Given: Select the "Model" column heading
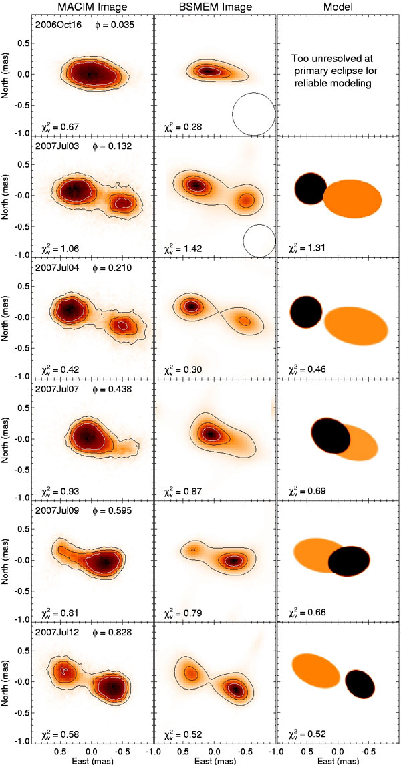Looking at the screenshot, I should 337,7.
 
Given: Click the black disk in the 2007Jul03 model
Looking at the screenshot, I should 309,189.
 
